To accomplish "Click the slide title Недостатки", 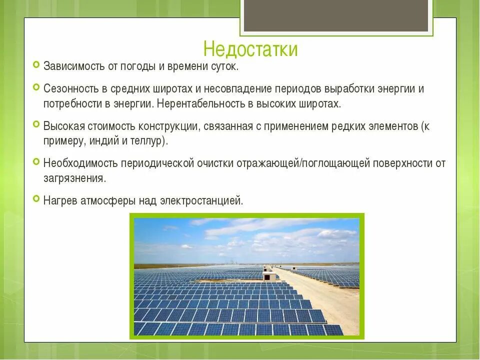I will coord(250,49).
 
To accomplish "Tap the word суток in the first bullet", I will coord(225,66).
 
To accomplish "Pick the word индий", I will coord(103,140).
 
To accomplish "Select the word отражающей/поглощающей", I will coord(300,163).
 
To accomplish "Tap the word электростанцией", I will coord(201,200).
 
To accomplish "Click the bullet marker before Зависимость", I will coord(36,64).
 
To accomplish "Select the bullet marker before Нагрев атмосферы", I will coord(36,199).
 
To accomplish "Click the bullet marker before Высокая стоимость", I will coord(36,124).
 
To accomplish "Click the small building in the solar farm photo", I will coord(269,276).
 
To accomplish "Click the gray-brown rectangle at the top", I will coord(336,15).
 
